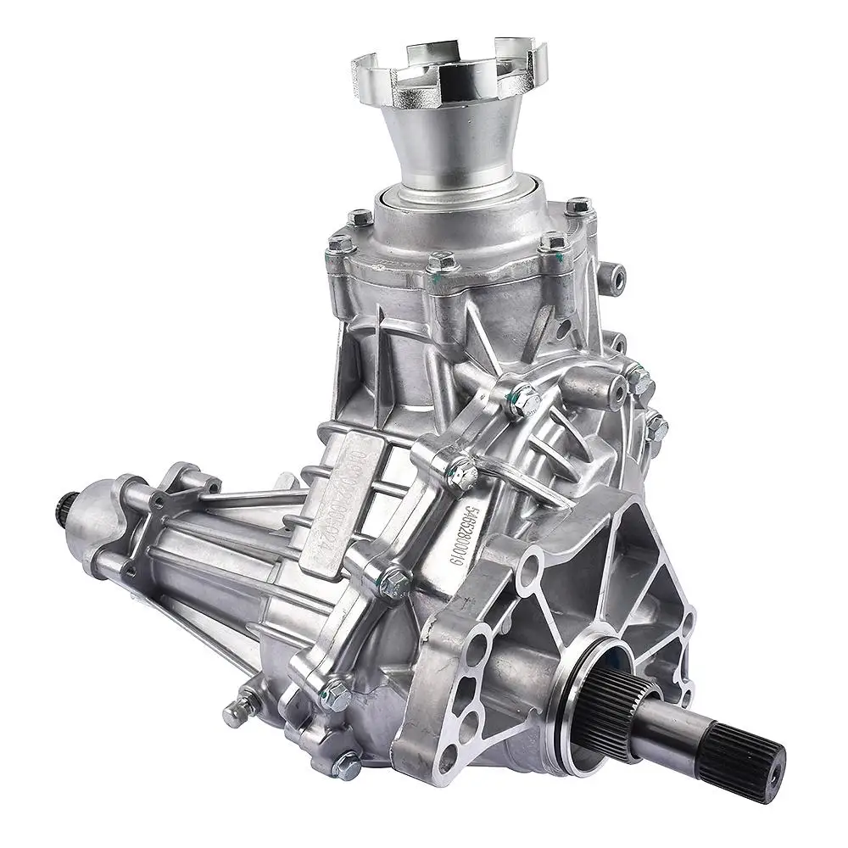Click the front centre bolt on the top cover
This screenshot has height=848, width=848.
(x=442, y=262)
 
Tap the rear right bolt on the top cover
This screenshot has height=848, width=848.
(x=578, y=206)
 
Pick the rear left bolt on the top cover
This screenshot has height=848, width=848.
(x=360, y=217)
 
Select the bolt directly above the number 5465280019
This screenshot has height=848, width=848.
(x=462, y=470)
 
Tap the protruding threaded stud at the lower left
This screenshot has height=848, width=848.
(x=238, y=712)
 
